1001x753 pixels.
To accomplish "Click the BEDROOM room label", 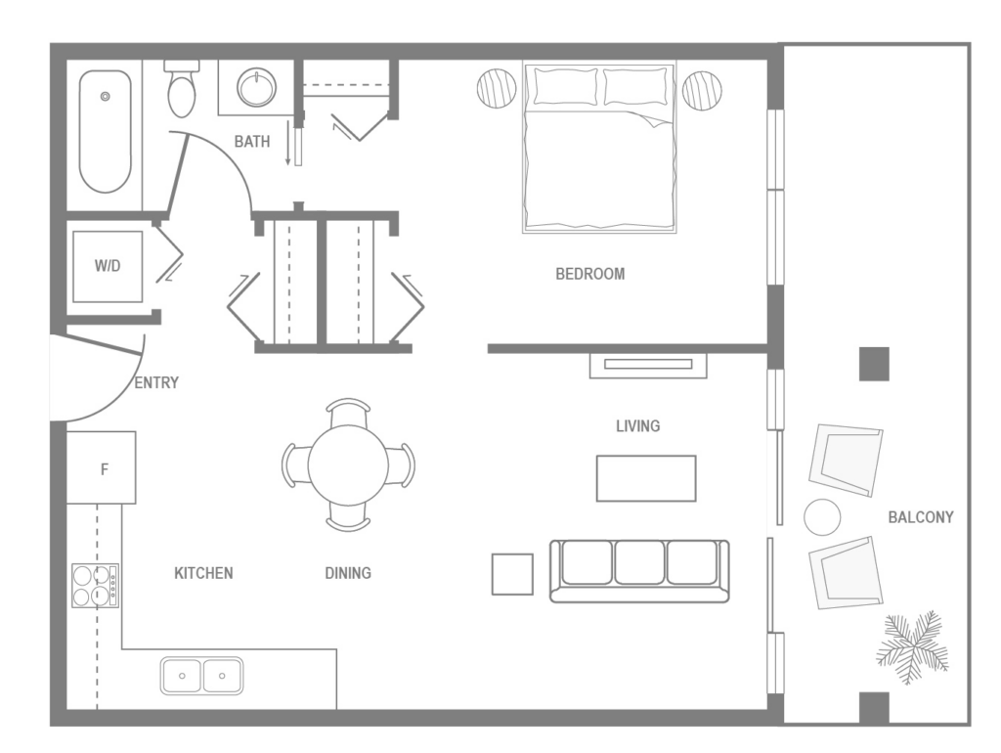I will [x=589, y=274].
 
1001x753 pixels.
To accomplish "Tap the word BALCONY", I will [x=920, y=516].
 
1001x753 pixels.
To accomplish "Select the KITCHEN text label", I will [x=203, y=573].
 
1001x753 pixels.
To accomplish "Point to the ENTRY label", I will [x=156, y=383].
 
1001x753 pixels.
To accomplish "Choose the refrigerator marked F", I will [x=102, y=468].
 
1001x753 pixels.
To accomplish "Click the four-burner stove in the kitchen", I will [x=95, y=586].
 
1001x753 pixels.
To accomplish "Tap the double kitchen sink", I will [x=202, y=675].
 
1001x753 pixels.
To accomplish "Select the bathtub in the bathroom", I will [x=105, y=131].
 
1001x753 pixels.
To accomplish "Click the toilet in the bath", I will [x=182, y=90].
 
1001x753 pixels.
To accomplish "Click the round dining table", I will [x=348, y=465].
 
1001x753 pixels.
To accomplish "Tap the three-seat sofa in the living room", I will [x=639, y=570].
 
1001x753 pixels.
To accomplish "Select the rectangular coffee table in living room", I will [x=646, y=478].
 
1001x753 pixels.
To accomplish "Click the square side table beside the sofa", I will [x=512, y=574].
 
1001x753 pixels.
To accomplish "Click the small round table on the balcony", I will [x=822, y=516].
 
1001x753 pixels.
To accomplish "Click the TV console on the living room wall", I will [x=647, y=365].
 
